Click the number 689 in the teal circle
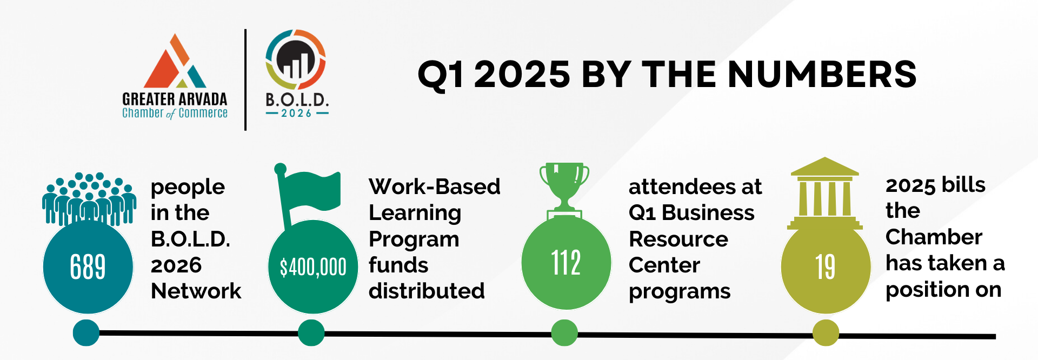tap(88, 266)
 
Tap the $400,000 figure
tap(313, 267)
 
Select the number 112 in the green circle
tap(566, 263)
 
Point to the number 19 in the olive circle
tap(826, 267)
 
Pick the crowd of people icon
tap(89, 199)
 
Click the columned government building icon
tap(825, 194)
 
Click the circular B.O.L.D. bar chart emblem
tap(296, 59)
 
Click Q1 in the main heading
tap(441, 75)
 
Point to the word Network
tap(196, 291)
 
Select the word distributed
tap(427, 291)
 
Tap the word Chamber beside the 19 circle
tap(934, 237)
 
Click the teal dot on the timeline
tap(86, 332)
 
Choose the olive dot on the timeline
tap(826, 332)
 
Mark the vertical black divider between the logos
tap(245, 80)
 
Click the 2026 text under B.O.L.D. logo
tap(297, 114)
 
